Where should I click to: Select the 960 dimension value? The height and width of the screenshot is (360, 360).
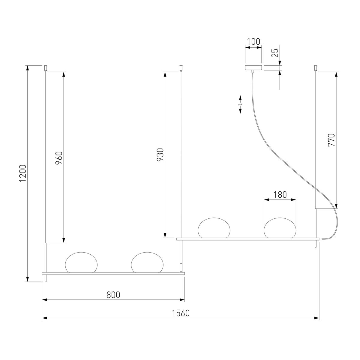click(x=59, y=158)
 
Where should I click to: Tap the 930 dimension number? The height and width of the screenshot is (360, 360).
click(x=160, y=155)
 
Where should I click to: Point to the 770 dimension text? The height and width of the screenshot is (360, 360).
click(x=331, y=140)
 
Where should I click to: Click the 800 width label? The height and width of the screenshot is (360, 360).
click(x=113, y=295)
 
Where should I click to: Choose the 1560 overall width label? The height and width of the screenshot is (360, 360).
click(x=181, y=313)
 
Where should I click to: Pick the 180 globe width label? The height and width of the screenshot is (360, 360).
click(x=280, y=195)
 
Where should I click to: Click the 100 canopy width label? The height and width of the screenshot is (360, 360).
click(x=253, y=42)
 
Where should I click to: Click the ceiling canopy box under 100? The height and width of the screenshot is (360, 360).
click(x=253, y=67)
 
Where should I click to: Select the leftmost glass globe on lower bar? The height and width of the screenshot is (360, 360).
click(x=81, y=262)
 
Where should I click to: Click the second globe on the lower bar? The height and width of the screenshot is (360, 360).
click(x=147, y=262)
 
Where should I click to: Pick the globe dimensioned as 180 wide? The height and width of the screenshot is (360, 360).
click(x=280, y=228)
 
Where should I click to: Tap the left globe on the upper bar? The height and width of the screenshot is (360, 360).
click(x=214, y=228)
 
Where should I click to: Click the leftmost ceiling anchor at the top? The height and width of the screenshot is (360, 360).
click(x=46, y=68)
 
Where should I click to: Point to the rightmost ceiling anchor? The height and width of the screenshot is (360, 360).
click(x=316, y=68)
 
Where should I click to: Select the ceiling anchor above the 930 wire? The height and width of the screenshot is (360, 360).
click(x=181, y=68)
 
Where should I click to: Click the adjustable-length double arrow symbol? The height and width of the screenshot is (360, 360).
click(x=240, y=104)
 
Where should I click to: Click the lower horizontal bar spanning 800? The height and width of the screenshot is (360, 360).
click(x=113, y=274)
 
